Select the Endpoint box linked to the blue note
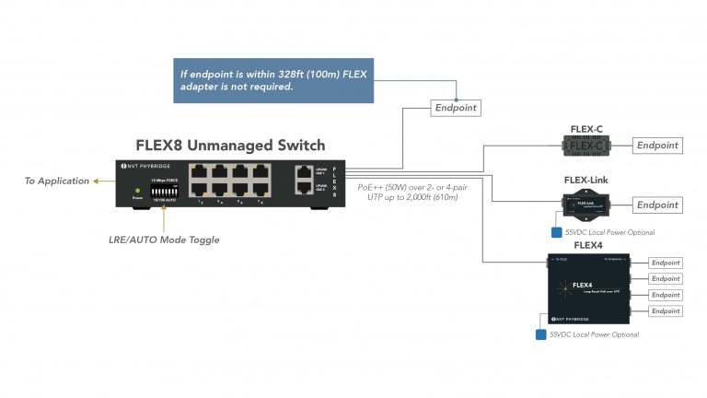point(456,108)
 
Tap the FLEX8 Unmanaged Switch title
point(230,146)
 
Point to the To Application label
point(57,181)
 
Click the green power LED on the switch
point(137,190)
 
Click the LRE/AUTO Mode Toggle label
point(165,240)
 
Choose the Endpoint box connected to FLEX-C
point(657,145)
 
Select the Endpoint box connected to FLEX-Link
point(657,205)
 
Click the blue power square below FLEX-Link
point(556,234)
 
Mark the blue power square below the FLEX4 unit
point(539,334)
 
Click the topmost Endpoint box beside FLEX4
point(665,263)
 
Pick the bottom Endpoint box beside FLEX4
point(665,311)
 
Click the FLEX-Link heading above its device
point(585,180)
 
